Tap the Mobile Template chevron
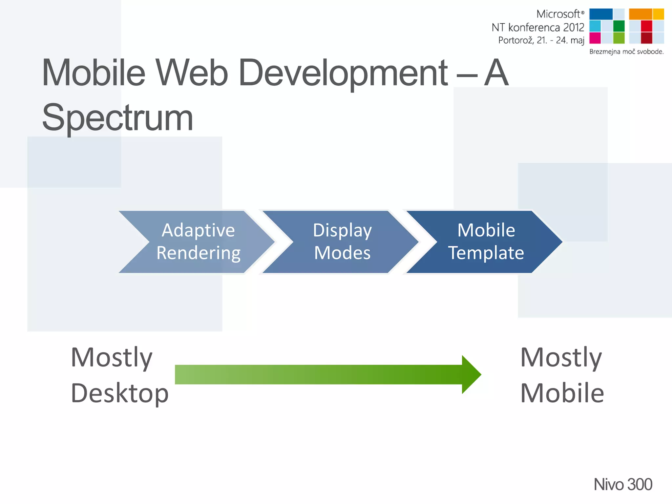pos(486,242)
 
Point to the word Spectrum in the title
pos(117,117)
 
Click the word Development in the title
pos(343,73)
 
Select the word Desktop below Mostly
pos(119,393)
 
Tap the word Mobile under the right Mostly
pos(562,393)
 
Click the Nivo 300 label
pos(622,484)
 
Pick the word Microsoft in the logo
pos(558,14)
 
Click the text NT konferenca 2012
pos(538,27)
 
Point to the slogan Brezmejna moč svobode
pos(626,52)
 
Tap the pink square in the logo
pos(595,38)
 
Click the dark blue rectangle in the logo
pos(600,14)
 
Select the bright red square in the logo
pos(646,26)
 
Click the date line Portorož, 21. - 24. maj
pos(541,40)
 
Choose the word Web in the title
pos(191,73)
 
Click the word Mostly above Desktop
pos(112,357)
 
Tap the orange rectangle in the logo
pos(640,14)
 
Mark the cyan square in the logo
pos(595,26)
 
